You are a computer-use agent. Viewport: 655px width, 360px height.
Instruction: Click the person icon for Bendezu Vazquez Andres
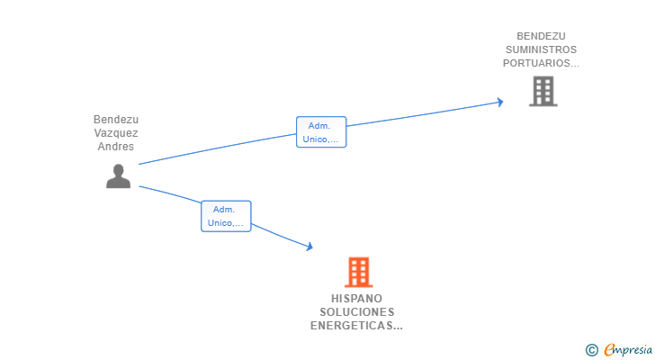[118, 176]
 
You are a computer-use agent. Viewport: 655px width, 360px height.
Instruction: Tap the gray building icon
[543, 91]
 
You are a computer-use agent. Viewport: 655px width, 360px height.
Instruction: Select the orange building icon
[358, 272]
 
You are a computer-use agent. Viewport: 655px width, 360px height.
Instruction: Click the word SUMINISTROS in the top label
[541, 49]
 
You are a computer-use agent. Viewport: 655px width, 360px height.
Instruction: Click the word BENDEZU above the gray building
[541, 36]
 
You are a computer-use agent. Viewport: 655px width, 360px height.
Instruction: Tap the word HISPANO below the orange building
[356, 298]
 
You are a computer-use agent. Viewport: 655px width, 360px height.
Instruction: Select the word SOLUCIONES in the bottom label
[356, 311]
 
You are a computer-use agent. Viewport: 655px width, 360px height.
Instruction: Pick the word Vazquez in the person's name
[116, 133]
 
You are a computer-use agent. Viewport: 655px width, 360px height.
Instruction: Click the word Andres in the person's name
[116, 147]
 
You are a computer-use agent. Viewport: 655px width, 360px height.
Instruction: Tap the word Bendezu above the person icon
[116, 120]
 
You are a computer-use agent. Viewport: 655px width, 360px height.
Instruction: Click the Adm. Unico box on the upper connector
[321, 132]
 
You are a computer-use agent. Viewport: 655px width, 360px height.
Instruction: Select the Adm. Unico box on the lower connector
[225, 216]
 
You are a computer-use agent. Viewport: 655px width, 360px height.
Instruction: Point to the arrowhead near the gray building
[499, 103]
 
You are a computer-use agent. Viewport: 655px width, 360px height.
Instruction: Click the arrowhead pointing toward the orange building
[310, 246]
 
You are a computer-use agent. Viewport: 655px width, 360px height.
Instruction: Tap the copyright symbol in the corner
[591, 350]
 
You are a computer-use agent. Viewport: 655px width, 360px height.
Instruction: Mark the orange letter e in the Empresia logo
[609, 350]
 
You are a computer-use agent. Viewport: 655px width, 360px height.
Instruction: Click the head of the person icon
[118, 169]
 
